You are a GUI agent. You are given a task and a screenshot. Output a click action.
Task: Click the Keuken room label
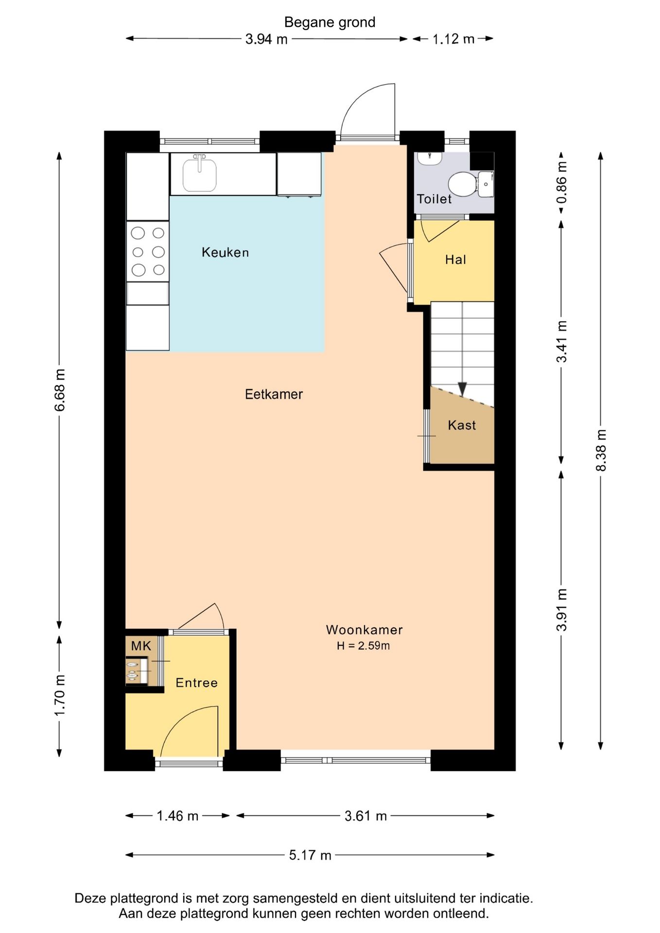click(225, 252)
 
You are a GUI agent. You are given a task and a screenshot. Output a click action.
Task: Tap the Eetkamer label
click(274, 394)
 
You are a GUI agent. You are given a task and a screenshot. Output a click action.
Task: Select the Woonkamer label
click(364, 630)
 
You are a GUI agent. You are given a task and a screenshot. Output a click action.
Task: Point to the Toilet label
click(434, 199)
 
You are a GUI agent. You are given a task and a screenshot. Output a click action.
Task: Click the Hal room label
click(455, 259)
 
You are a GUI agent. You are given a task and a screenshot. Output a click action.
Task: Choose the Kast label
click(462, 425)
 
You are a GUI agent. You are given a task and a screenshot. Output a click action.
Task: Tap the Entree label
click(196, 683)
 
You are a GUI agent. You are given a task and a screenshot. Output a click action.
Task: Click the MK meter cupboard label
click(141, 646)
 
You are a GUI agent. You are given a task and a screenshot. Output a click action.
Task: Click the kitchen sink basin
click(200, 175)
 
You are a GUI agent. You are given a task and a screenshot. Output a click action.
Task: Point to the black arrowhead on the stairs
click(462, 389)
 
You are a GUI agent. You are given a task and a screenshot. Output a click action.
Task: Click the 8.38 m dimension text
click(601, 450)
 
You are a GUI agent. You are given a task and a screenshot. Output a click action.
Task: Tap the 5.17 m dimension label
click(310, 855)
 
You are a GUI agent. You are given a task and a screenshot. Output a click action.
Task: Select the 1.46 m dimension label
click(177, 815)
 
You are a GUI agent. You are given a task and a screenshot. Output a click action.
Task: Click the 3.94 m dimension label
click(266, 39)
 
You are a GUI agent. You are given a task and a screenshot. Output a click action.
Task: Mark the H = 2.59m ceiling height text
click(363, 646)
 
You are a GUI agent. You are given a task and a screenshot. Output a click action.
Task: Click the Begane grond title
click(330, 22)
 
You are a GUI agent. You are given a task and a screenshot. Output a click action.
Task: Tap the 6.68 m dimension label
click(60, 390)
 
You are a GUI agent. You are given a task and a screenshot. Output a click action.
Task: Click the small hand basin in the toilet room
click(486, 184)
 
